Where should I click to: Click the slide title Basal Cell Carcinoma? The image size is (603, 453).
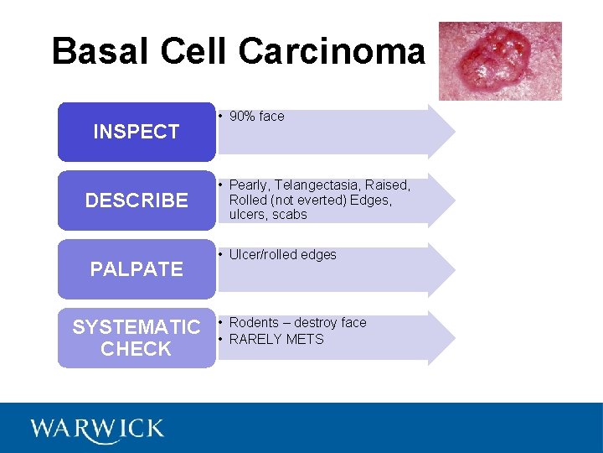(x=238, y=51)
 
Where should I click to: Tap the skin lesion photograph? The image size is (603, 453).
(x=500, y=60)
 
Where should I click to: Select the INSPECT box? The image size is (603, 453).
(x=136, y=132)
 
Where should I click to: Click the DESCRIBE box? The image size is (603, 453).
(x=136, y=200)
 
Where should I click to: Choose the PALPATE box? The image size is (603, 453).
(x=136, y=269)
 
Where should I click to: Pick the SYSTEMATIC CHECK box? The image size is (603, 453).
(x=136, y=338)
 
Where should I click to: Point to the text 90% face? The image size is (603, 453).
(x=256, y=117)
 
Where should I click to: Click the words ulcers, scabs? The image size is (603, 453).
(x=268, y=215)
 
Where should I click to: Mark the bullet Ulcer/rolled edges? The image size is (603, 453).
(x=282, y=255)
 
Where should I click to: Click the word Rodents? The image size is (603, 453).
(x=254, y=323)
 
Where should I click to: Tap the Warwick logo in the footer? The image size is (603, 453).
(x=97, y=429)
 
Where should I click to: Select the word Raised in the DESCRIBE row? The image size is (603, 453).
(x=387, y=185)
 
